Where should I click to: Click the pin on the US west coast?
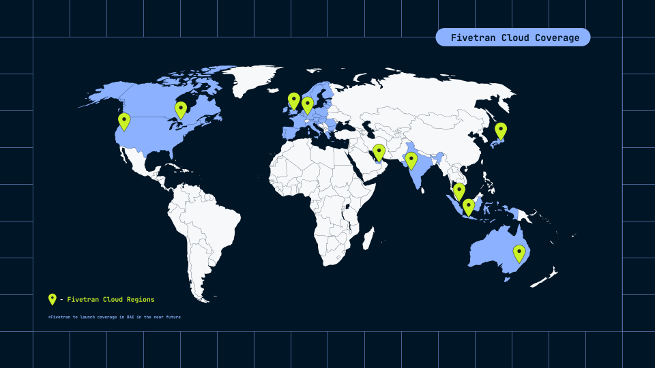tap(123, 121)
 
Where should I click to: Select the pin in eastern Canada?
tap(181, 109)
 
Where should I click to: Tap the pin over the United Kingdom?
tap(293, 100)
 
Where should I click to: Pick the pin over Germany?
tap(308, 104)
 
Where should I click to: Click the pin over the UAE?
tap(379, 152)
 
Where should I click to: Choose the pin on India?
tap(411, 160)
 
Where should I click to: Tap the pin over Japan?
tap(500, 130)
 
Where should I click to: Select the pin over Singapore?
tap(459, 191)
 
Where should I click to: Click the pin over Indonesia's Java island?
tap(468, 206)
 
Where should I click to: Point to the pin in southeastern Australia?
tap(519, 253)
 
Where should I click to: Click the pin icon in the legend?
tap(52, 298)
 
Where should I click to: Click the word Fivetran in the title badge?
tap(470, 37)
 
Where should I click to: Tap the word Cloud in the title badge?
tap(512, 37)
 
